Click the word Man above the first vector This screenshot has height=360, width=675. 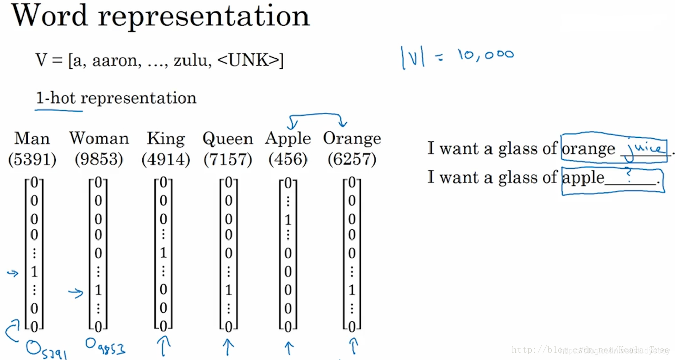(32, 138)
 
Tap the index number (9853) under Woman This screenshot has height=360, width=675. (99, 160)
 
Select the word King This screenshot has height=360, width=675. (166, 138)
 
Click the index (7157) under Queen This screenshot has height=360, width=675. (228, 160)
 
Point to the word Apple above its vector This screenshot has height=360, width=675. (288, 138)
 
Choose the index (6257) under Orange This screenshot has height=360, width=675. (352, 160)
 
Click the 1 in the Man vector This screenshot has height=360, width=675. (34, 272)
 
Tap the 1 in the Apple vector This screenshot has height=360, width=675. (288, 220)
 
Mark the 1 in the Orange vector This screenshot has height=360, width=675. (352, 290)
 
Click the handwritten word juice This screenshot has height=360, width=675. (644, 147)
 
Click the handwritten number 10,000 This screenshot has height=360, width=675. (485, 55)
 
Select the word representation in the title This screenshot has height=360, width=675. (203, 16)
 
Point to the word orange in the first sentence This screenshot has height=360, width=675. (588, 149)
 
